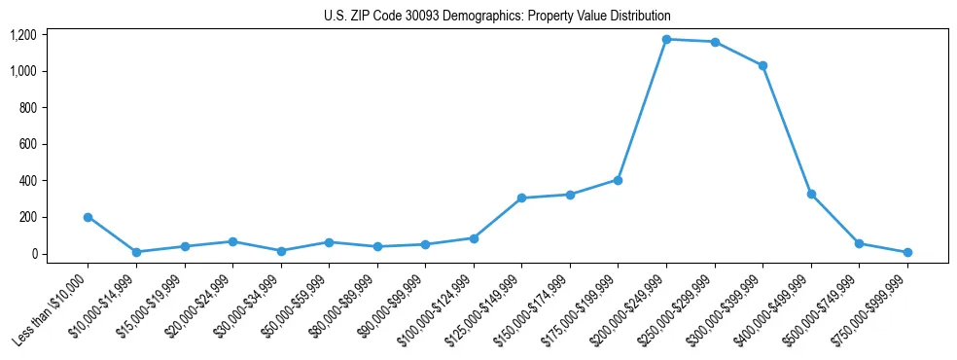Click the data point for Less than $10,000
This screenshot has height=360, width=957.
click(88, 217)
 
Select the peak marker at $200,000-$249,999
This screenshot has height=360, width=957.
click(666, 39)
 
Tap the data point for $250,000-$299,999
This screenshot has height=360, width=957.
click(715, 42)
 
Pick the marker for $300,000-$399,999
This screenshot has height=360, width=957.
click(762, 65)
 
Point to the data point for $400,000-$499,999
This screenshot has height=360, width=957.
click(811, 195)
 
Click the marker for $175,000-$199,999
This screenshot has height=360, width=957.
click(618, 180)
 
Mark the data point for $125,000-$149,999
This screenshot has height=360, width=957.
click(521, 198)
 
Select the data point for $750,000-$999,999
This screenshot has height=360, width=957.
click(907, 252)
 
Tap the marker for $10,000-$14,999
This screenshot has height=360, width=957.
click(136, 252)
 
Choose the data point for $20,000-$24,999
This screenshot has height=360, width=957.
click(232, 241)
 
